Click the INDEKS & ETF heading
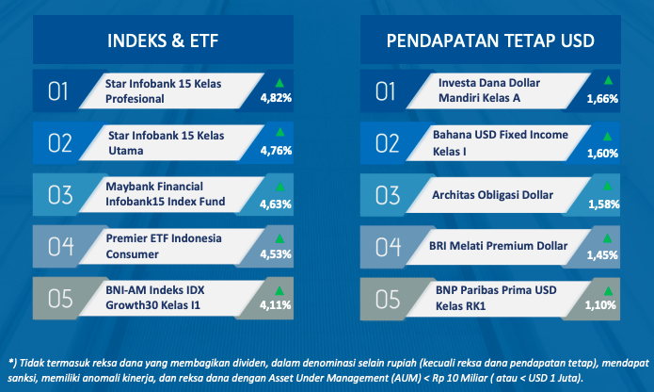pos(163,41)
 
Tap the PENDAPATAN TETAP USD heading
pos(490,41)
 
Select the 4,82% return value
pos(276,98)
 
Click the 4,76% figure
pos(276,150)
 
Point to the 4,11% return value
pos(276,305)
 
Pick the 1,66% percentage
pos(602,99)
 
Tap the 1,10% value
pos(600,305)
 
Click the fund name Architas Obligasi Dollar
pos(492,195)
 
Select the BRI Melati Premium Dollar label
pos(498,246)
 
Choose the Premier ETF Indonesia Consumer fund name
pos(164,246)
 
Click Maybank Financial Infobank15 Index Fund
pos(166,194)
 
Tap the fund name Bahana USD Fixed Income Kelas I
pos(500,143)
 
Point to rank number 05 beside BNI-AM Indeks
pos(60,299)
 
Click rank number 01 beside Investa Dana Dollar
pos(385,91)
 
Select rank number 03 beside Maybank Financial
pos(60,195)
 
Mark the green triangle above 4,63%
pos(280,187)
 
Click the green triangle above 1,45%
pos(607,238)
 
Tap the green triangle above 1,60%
pos(607,136)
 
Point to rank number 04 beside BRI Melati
pos(388,247)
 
